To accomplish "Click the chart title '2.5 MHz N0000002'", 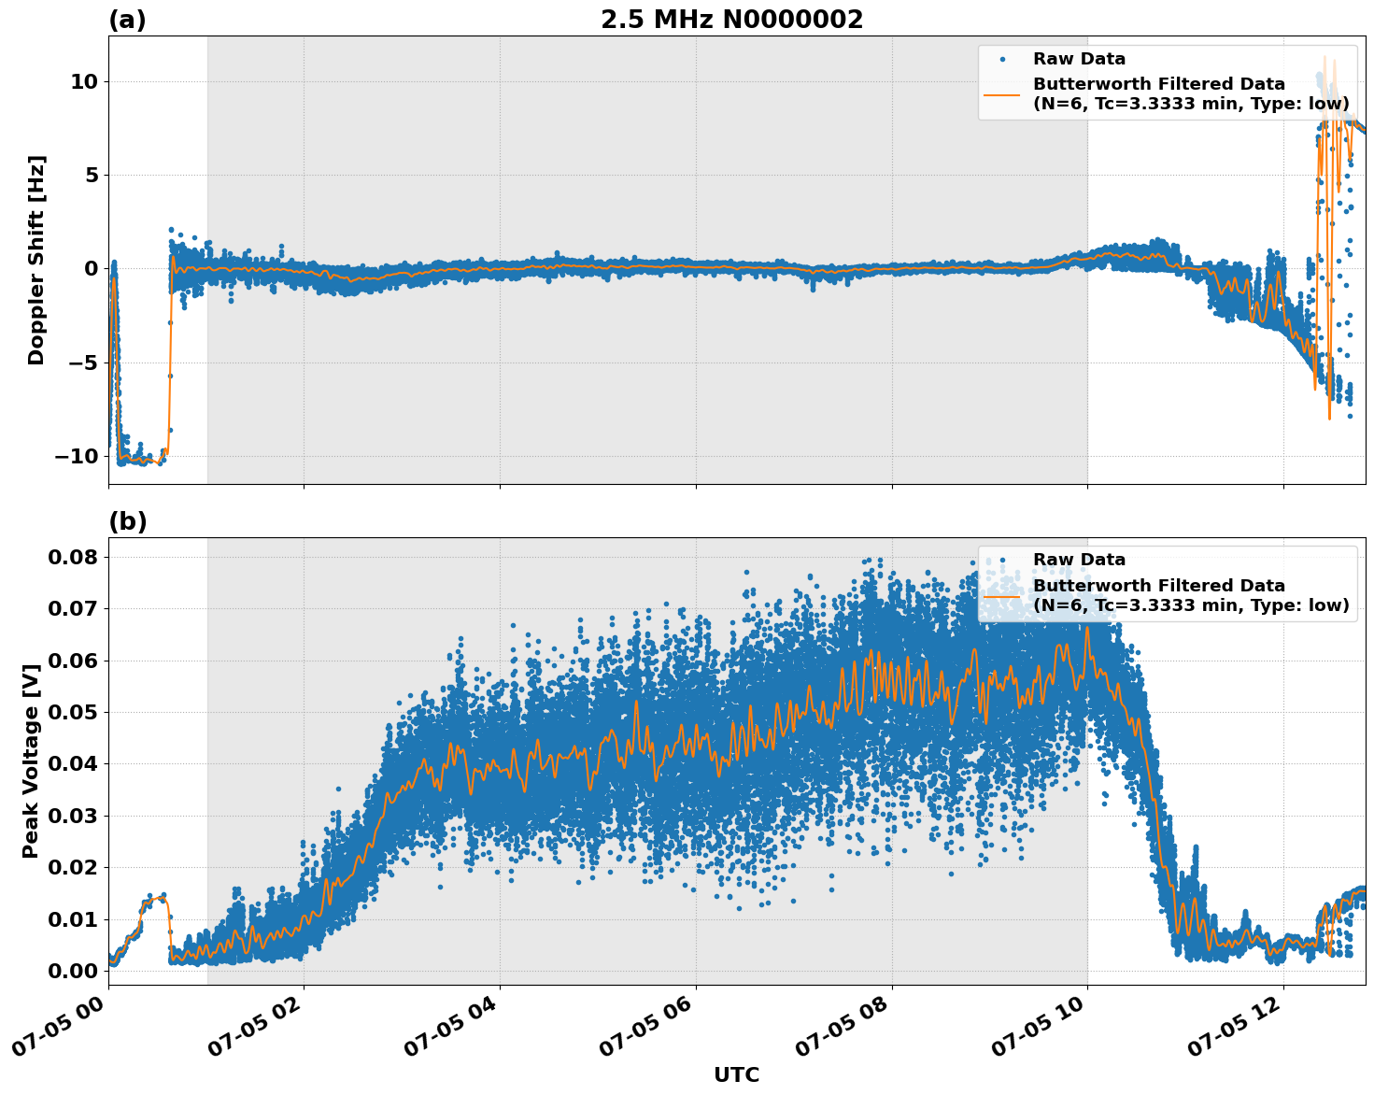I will pos(731,20).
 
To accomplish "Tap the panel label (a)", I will pos(127,20).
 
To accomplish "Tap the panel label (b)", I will pos(127,521).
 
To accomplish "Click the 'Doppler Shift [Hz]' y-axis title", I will pos(36,260).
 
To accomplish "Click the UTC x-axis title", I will pos(736,1074).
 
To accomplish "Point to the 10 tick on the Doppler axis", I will pos(83,82).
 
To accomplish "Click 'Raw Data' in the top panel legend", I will pos(1079,59).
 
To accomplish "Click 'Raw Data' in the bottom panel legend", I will pos(1079,560).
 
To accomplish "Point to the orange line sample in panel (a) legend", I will pos(1002,94).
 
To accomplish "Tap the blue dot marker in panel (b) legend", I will pos(1002,560).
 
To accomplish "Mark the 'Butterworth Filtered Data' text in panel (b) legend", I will pos(1158,586).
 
